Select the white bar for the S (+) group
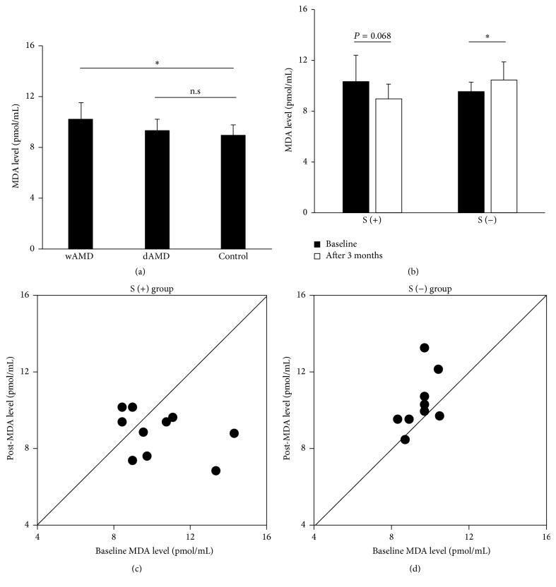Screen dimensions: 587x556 point(388,155)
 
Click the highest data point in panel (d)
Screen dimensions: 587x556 point(424,348)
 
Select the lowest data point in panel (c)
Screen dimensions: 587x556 point(215,471)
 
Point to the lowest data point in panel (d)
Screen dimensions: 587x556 point(405,440)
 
